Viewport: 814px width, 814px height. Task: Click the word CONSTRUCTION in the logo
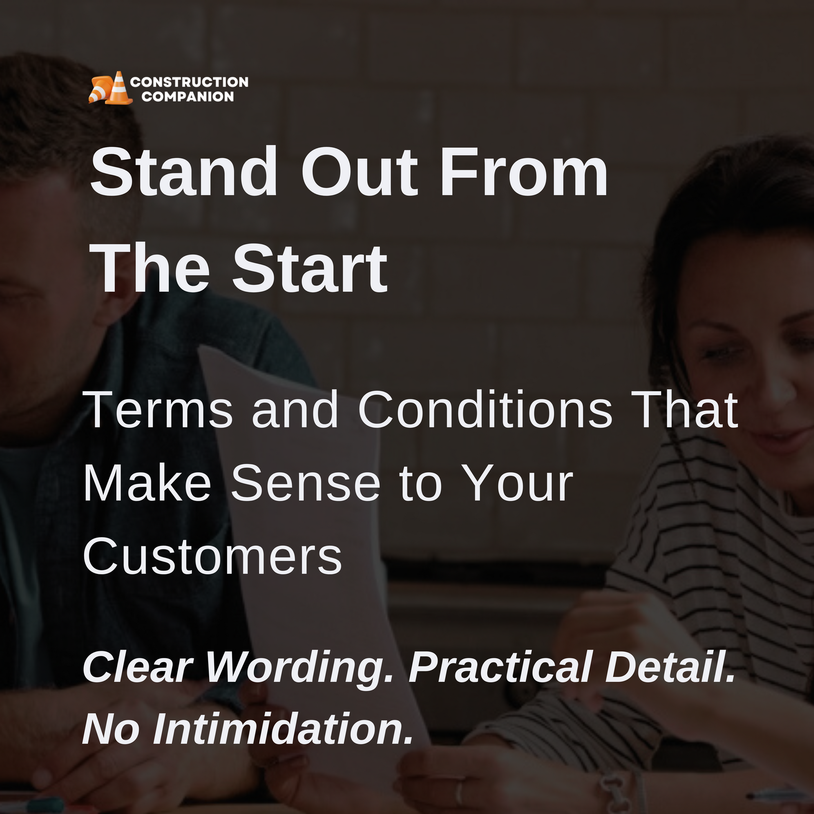coord(189,82)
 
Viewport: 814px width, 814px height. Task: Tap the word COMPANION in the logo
coord(188,97)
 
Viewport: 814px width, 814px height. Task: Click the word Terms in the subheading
coord(159,409)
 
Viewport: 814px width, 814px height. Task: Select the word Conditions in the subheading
coord(485,409)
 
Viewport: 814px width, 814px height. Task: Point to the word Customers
coord(213,556)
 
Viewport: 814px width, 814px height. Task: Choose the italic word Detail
coord(671,666)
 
